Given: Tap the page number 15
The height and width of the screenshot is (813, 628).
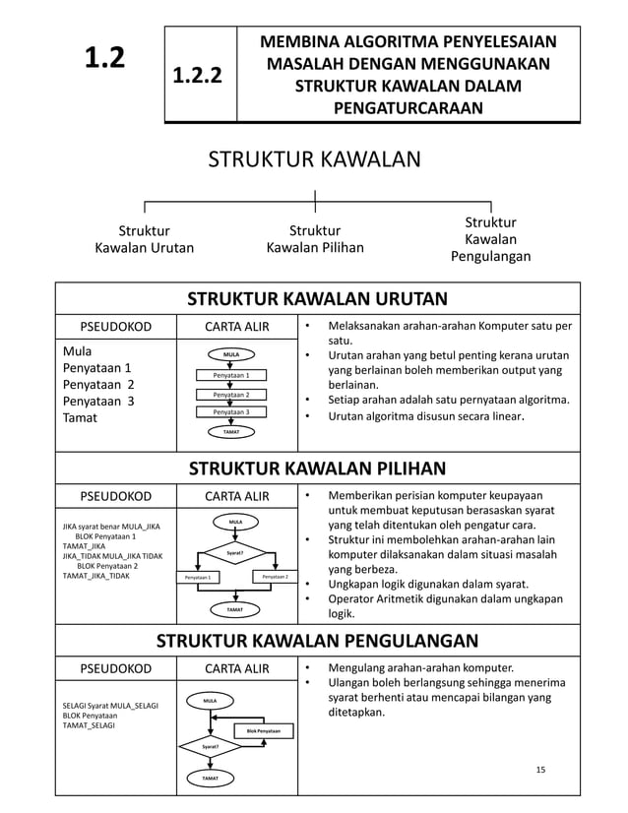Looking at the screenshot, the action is pyautogui.click(x=538, y=769).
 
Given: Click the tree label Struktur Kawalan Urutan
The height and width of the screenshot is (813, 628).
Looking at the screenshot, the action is pyautogui.click(x=144, y=239).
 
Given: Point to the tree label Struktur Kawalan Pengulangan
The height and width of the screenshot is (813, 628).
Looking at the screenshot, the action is pyautogui.click(x=490, y=239).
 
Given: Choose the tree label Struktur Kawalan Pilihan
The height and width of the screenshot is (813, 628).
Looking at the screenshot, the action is pyautogui.click(x=315, y=239).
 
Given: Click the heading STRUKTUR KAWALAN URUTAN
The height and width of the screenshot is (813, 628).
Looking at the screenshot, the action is pyautogui.click(x=317, y=299).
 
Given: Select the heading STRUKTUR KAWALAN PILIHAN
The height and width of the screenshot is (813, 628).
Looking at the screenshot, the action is pyautogui.click(x=317, y=468).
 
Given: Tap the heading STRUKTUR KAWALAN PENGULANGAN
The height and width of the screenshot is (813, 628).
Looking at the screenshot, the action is pyautogui.click(x=317, y=642).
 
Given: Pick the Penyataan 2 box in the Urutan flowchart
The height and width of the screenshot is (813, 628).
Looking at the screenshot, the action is pyautogui.click(x=232, y=394).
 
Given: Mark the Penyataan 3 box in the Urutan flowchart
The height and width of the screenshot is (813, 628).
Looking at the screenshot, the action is pyautogui.click(x=232, y=412).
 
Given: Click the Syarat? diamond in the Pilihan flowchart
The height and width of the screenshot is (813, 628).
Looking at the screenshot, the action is pyautogui.click(x=235, y=553).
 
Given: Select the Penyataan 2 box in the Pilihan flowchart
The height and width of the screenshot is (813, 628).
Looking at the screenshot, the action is pyautogui.click(x=268, y=577).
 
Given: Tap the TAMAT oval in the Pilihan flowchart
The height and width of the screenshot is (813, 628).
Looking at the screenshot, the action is pyautogui.click(x=235, y=610).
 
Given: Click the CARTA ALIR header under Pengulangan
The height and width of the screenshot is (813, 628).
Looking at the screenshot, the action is pyautogui.click(x=236, y=669).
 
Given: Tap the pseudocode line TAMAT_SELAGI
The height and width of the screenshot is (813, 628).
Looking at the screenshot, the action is pyautogui.click(x=88, y=725).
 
